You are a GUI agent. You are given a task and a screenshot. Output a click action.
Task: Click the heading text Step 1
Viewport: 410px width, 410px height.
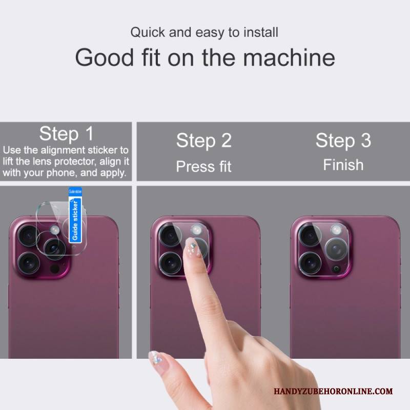click(67, 134)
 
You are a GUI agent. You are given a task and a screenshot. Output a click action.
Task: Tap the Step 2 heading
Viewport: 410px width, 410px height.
click(204, 141)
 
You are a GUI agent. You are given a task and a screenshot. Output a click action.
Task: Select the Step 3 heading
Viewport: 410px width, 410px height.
click(343, 141)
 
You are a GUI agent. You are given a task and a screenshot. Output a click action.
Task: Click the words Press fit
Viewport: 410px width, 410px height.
click(203, 167)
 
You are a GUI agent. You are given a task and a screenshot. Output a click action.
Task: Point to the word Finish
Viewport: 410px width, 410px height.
click(343, 165)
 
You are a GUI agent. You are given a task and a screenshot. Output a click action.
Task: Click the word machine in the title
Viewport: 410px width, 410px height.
click(289, 57)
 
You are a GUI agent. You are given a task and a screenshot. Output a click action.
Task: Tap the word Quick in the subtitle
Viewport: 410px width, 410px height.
click(148, 33)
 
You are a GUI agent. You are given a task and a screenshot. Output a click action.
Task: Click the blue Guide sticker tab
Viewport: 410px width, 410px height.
click(75, 215)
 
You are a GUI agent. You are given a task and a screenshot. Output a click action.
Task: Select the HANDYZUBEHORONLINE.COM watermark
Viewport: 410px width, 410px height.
click(333, 391)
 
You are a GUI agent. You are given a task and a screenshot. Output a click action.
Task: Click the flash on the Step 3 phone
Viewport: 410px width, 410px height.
click(336, 230)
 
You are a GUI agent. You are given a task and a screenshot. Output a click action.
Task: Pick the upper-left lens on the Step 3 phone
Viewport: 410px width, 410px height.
click(310, 235)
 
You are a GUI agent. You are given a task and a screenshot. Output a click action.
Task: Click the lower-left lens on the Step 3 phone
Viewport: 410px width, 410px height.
click(310, 263)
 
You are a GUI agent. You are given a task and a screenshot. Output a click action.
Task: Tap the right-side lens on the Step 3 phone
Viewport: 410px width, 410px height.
click(337, 249)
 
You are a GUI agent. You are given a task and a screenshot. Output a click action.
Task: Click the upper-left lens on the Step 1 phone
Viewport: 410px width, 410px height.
click(29, 235)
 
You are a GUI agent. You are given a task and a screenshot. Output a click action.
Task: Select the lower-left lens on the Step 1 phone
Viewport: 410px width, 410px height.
click(29, 263)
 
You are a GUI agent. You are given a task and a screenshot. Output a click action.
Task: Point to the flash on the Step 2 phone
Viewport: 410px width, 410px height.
click(196, 230)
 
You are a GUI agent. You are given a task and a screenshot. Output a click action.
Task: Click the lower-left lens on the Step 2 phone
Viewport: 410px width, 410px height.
click(171, 263)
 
